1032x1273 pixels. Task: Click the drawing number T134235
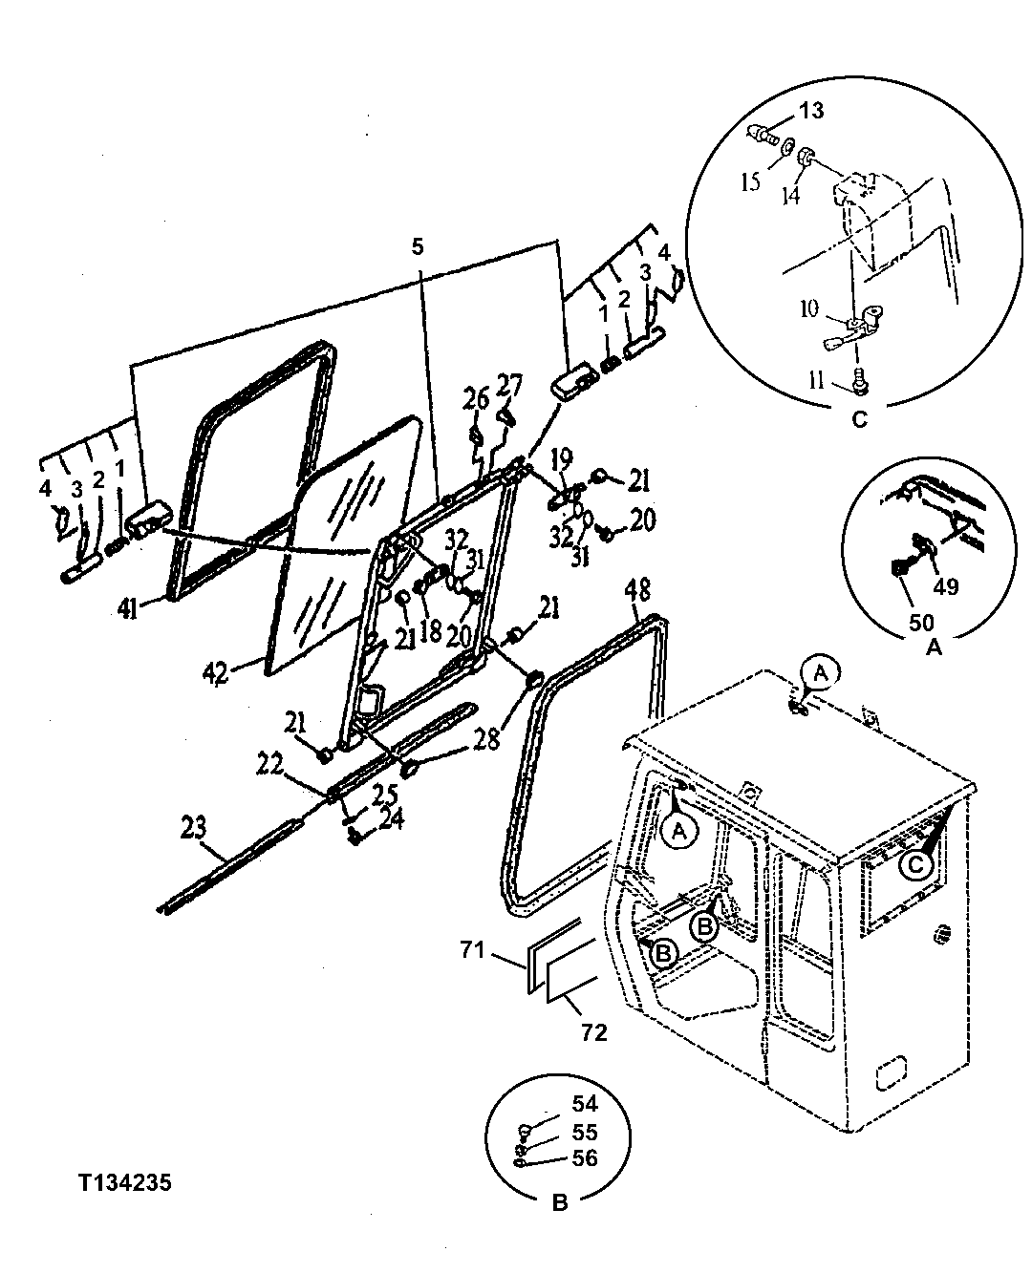[x=125, y=1183]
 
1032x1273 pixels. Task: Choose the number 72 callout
[x=593, y=1032]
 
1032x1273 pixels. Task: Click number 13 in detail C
[x=810, y=112]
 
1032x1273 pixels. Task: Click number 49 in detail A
[x=945, y=587]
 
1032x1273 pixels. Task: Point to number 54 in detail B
[x=584, y=1105]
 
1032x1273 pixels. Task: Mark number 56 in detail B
[x=584, y=1157]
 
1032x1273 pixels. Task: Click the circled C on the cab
[x=914, y=864]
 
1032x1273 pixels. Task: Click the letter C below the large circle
[x=859, y=418]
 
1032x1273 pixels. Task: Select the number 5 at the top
[x=417, y=246]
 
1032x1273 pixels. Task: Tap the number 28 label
[x=485, y=738]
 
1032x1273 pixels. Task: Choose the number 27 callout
[x=509, y=385]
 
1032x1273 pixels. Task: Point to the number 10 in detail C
[x=808, y=308]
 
